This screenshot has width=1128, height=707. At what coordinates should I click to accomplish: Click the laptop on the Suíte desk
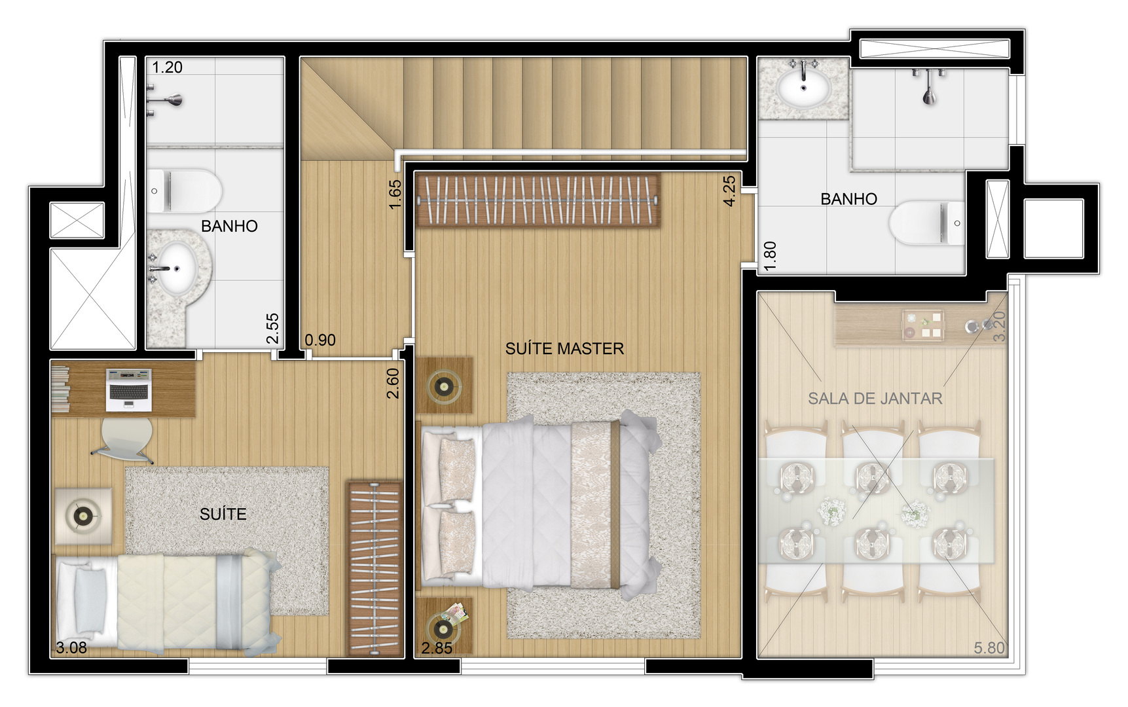[129, 390]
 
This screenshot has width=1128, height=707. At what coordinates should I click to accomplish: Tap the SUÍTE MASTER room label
[564, 348]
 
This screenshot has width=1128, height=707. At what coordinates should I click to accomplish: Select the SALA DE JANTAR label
[875, 398]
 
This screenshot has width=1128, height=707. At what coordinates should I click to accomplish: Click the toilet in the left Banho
[184, 190]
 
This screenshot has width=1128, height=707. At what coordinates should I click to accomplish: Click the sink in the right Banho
[804, 88]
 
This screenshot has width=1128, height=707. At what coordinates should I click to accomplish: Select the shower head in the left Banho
[172, 100]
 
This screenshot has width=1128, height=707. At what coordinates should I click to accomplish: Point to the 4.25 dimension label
[729, 190]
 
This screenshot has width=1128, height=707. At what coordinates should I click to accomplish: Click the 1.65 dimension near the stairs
[395, 194]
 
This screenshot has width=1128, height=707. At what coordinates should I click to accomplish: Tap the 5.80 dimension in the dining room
[989, 648]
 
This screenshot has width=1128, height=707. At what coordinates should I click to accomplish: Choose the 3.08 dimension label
[71, 648]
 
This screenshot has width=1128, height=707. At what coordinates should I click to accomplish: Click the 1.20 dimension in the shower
[168, 67]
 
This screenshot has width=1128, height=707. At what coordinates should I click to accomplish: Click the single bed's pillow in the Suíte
[90, 602]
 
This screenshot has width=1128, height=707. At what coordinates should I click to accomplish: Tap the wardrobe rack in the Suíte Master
[537, 200]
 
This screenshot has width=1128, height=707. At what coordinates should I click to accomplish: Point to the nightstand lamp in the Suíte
[83, 516]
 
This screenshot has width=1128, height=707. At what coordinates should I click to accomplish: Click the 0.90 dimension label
[320, 340]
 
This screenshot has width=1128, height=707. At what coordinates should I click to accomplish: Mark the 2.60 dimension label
[393, 384]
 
